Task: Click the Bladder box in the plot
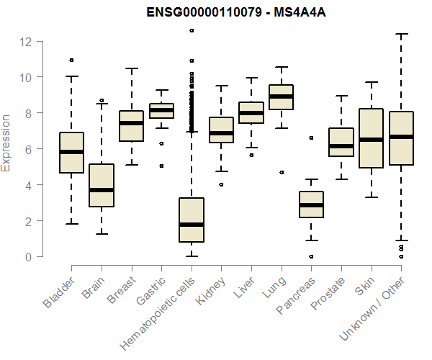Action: tap(71, 153)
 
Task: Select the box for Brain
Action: tap(102, 185)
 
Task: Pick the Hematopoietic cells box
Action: tap(191, 220)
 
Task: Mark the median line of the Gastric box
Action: tap(161, 110)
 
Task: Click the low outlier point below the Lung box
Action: tap(282, 172)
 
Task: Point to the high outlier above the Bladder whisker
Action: tap(71, 60)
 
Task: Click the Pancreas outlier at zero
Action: tap(311, 256)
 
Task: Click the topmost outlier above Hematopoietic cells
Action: tap(191, 30)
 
